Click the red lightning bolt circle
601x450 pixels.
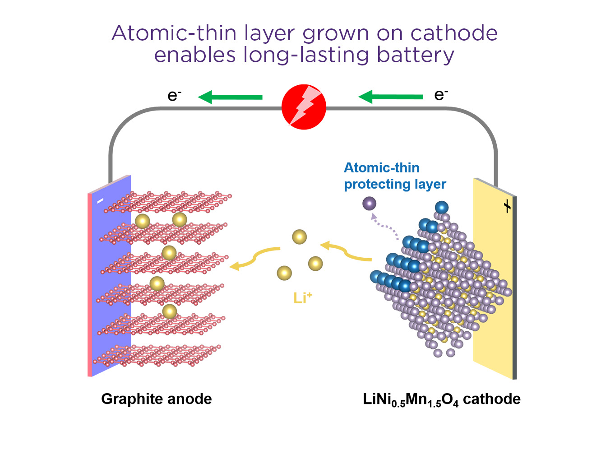pyautogui.click(x=304, y=107)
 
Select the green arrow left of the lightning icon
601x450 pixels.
pyautogui.click(x=230, y=97)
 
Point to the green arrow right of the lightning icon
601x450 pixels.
pyautogui.click(x=390, y=97)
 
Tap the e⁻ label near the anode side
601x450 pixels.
pyautogui.click(x=174, y=96)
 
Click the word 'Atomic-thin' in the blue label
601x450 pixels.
pyautogui.click(x=381, y=167)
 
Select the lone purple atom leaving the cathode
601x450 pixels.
pyautogui.click(x=369, y=204)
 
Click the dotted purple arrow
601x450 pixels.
pyautogui.click(x=384, y=226)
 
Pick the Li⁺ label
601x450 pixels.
pyautogui.click(x=303, y=298)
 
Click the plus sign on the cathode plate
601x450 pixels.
pyautogui.click(x=507, y=206)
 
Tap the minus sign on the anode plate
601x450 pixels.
pyautogui.click(x=100, y=201)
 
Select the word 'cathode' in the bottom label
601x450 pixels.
pyautogui.click(x=491, y=399)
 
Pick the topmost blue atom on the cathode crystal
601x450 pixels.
pyautogui.click(x=441, y=207)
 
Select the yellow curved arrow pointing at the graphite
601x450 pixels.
pyautogui.click(x=254, y=259)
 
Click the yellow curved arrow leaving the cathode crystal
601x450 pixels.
pyautogui.click(x=346, y=251)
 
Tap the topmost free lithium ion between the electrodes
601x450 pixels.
pyautogui.click(x=299, y=237)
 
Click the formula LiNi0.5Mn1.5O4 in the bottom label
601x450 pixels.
pyautogui.click(x=411, y=400)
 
